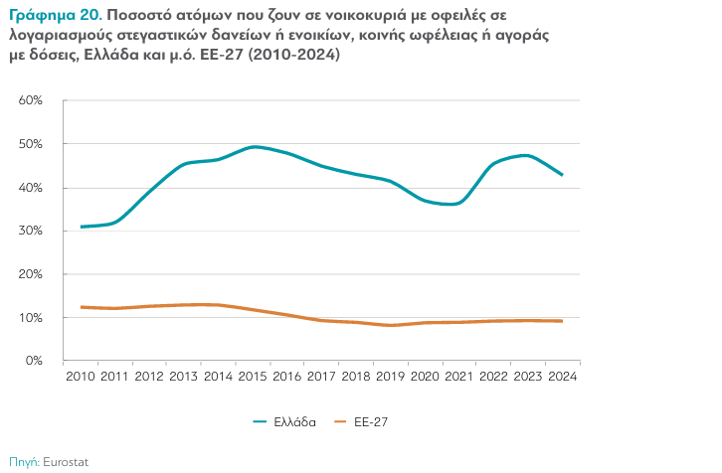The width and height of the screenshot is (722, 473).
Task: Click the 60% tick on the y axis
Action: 30,101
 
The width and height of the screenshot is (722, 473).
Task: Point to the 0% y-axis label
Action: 33,361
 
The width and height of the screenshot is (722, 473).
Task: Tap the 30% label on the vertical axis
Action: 30,231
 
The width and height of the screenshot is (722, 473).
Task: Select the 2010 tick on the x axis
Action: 82,377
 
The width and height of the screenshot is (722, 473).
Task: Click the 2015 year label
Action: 254,377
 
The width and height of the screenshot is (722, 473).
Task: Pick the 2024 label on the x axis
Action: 562,377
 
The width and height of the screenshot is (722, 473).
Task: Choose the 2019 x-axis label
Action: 391,377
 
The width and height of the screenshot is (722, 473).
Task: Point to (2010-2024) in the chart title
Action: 293,56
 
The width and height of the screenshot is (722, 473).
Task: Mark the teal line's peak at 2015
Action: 254,147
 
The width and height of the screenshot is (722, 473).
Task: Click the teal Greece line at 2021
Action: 459,203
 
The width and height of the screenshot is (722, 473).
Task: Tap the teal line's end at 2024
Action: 562,175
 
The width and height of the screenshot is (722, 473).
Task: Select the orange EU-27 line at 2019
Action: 391,325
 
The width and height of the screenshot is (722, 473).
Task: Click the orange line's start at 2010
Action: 82,307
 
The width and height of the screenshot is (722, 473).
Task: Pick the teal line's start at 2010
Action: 82,227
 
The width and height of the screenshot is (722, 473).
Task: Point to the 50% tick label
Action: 30,144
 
